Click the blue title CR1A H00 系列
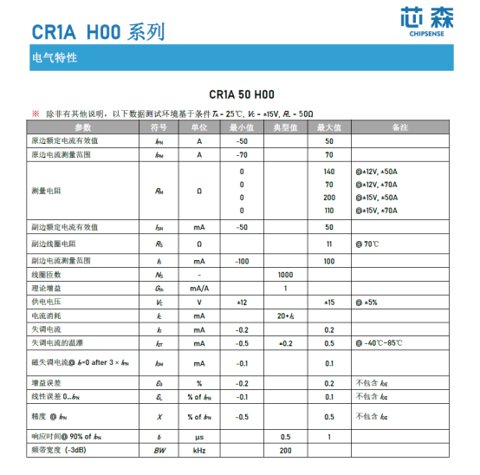[98, 33]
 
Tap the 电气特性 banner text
[55, 58]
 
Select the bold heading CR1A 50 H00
[241, 94]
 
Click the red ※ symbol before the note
[36, 114]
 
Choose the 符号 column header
[159, 127]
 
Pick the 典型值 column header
[285, 127]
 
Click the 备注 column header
[399, 127]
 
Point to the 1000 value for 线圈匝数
[285, 274]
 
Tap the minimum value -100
[242, 261]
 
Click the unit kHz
[199, 451]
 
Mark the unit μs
[199, 437]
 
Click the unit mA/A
[199, 288]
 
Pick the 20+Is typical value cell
[285, 316]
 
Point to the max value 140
[329, 172]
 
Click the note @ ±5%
[367, 302]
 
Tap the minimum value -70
[242, 154]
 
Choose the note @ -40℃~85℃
[379, 343]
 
